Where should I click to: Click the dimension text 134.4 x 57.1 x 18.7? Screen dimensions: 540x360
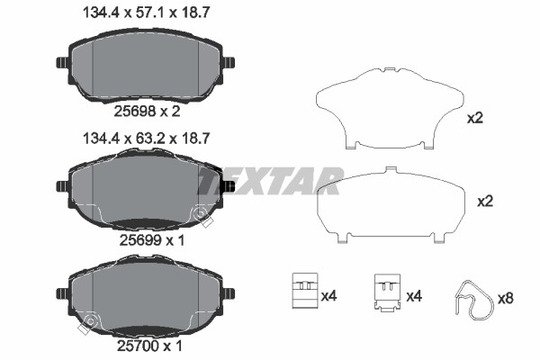point(146,13)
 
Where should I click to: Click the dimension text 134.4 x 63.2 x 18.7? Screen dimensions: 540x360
point(146,139)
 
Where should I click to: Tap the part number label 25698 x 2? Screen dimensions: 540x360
point(147,112)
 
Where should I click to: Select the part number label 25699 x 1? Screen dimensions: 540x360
point(152,240)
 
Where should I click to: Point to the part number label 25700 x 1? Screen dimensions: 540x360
point(149,346)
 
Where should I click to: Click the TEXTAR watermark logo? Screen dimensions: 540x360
point(270,181)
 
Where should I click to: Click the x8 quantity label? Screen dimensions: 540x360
point(506,298)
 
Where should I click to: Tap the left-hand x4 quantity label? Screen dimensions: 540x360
point(328,296)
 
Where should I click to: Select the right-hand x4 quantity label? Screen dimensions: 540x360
point(414,296)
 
